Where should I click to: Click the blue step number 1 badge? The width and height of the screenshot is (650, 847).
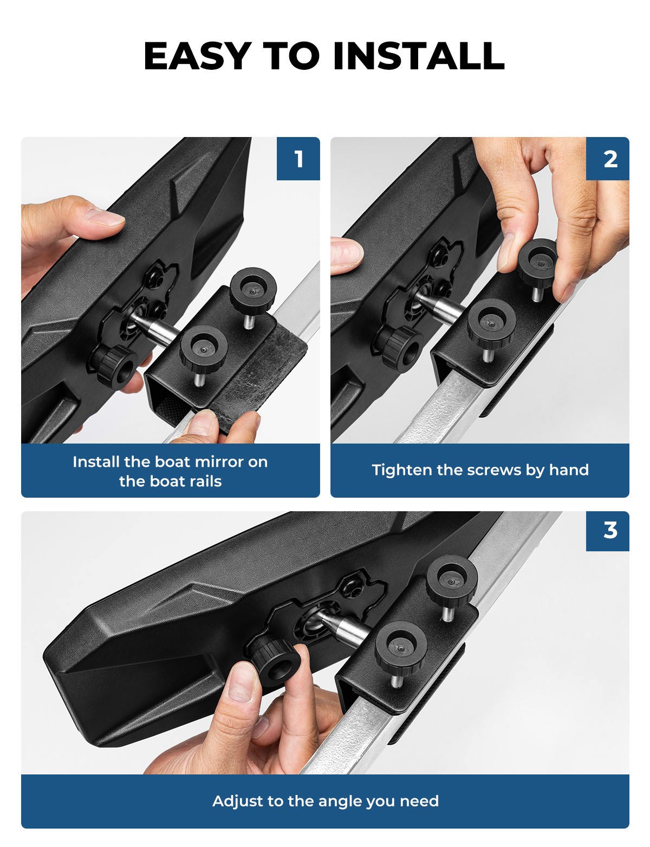298,159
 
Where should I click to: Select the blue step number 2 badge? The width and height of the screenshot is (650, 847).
608,159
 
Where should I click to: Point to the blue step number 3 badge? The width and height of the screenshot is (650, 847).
608,531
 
